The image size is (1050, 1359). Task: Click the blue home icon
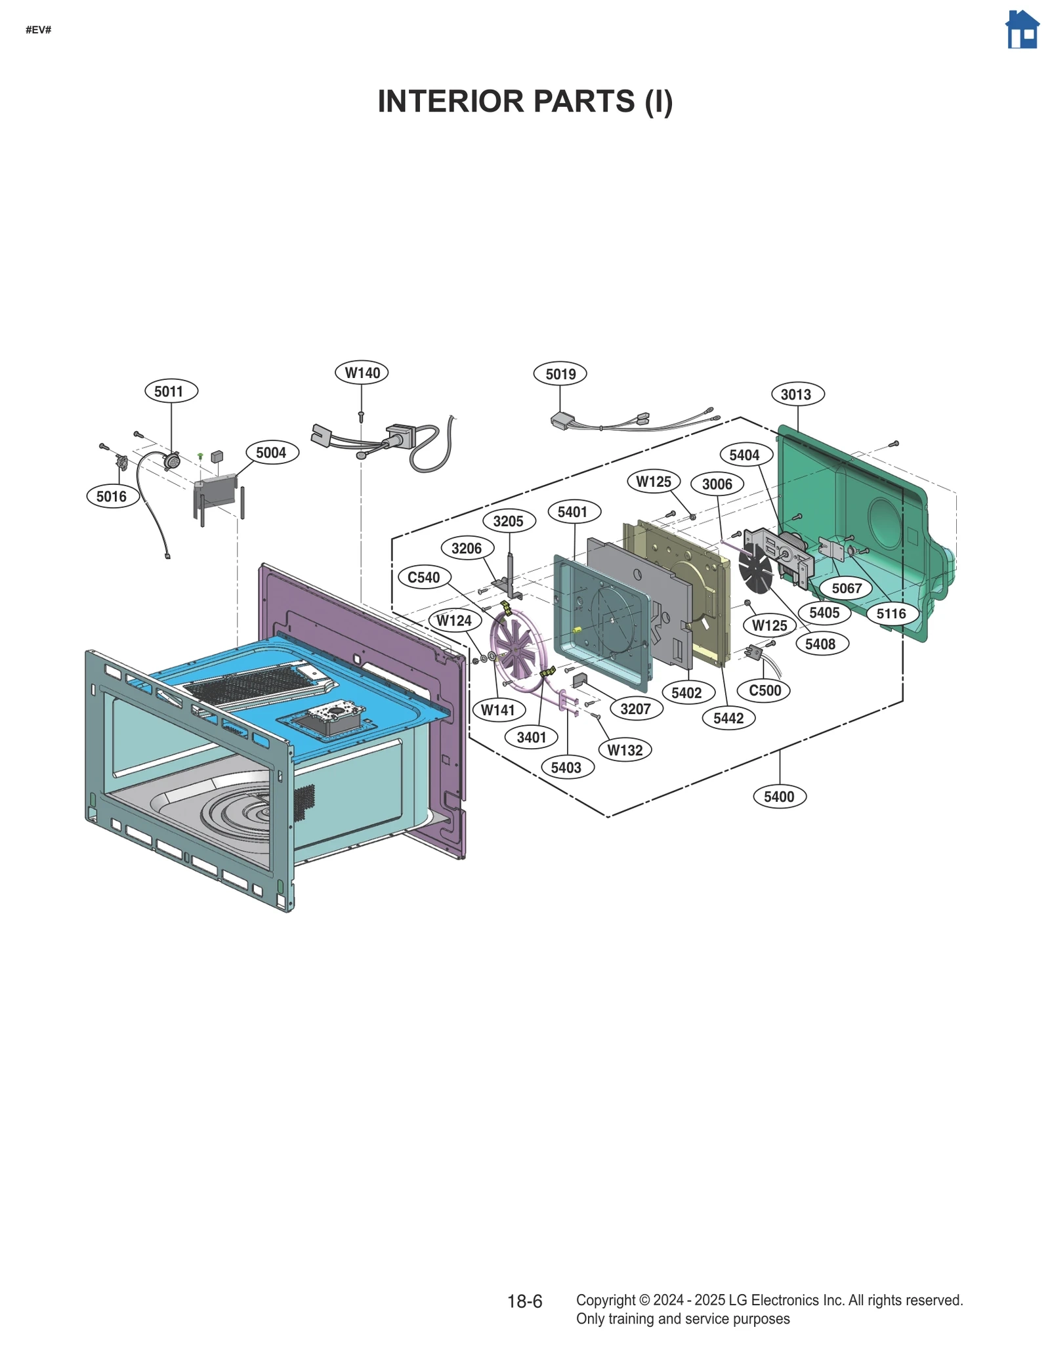1022,30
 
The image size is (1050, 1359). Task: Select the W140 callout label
362,373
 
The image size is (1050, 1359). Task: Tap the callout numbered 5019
560,374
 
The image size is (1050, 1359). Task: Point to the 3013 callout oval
797,394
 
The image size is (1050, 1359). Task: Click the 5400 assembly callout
779,797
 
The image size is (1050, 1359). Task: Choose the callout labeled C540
424,577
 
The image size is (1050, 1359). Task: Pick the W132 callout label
625,750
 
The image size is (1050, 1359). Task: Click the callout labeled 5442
728,718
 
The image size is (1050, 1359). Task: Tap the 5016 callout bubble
112,496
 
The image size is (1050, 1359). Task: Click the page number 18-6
524,1301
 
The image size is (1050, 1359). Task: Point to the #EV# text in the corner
38,30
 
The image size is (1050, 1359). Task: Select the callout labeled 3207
635,709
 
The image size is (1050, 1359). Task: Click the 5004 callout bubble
272,453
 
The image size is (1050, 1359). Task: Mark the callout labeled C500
765,690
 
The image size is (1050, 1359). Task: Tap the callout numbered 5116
891,614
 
